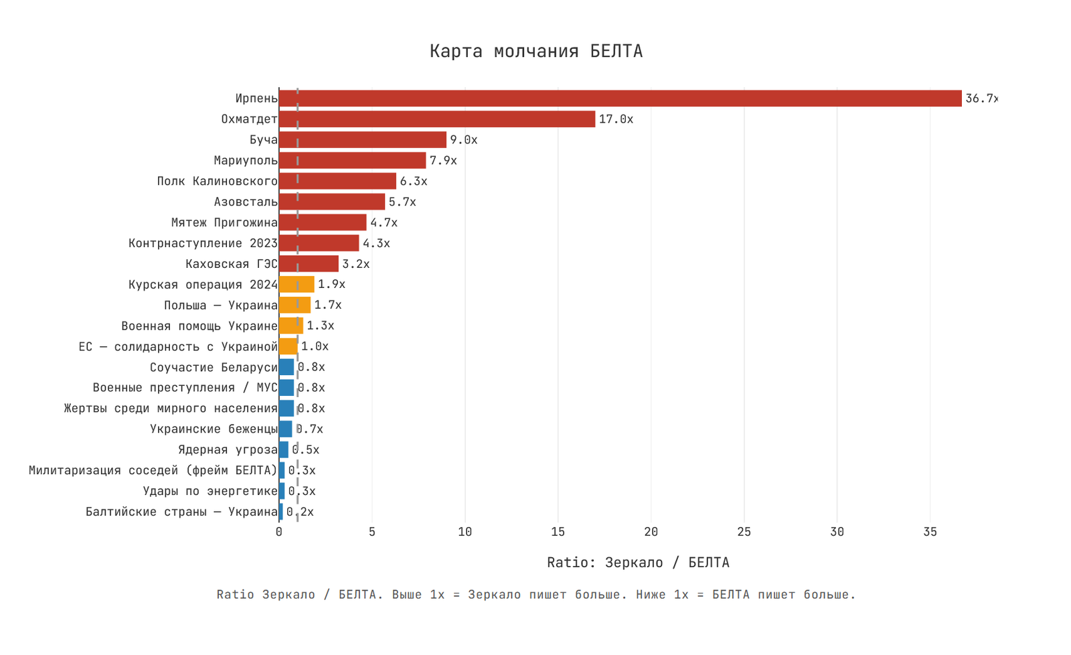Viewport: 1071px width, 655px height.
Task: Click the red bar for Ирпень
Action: click(620, 98)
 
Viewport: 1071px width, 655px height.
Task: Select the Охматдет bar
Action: click(436, 119)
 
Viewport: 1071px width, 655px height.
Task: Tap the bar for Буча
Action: click(362, 140)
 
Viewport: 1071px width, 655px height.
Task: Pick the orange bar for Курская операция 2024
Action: click(297, 285)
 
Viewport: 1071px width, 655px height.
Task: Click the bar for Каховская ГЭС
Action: click(309, 264)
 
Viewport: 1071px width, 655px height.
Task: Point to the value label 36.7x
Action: click(981, 98)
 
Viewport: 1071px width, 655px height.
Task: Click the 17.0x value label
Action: click(616, 119)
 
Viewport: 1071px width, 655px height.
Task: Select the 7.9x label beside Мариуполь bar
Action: click(443, 161)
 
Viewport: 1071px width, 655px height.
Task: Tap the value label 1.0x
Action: click(315, 346)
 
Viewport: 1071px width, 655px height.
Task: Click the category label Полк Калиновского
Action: click(217, 181)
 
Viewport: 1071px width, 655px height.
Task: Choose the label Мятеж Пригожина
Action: click(224, 222)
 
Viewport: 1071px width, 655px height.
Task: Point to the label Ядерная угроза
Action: click(228, 450)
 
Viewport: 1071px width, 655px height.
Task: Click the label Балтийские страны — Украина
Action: click(181, 512)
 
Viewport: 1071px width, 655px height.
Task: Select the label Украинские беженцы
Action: click(213, 429)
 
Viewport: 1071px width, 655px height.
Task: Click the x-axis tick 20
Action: click(651, 532)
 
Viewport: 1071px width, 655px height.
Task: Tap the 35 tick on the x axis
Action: click(930, 532)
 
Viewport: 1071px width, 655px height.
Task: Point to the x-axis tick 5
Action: click(372, 532)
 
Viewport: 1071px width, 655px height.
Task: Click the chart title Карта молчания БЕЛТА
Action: click(535, 52)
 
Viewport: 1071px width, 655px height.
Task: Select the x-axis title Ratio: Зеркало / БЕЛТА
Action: click(638, 563)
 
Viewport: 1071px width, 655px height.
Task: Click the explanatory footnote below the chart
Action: click(535, 595)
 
